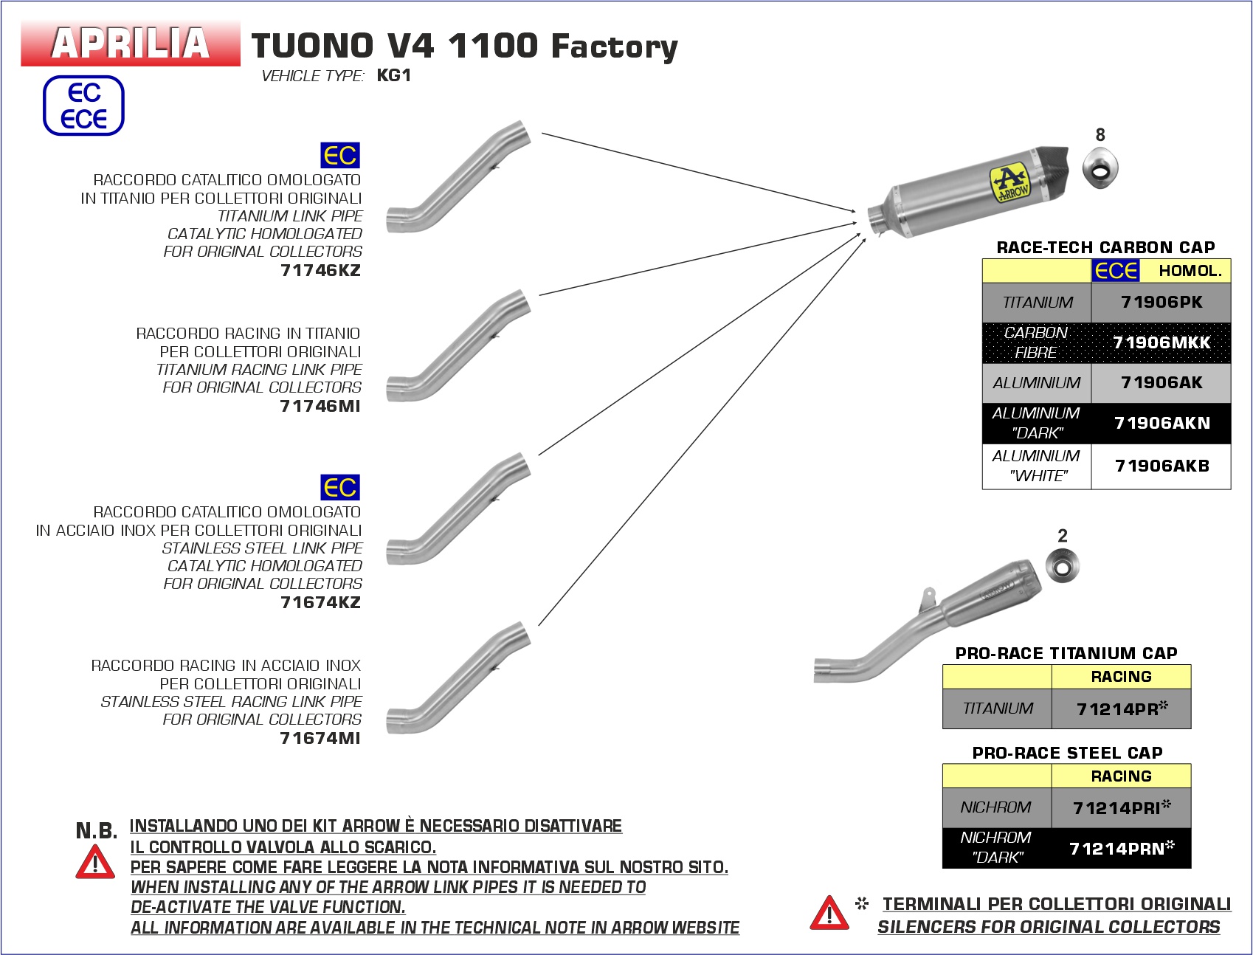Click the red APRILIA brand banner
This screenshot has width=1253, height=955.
click(x=131, y=44)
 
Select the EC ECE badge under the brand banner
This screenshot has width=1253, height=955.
click(x=83, y=106)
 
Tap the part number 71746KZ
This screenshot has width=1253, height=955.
click(x=320, y=270)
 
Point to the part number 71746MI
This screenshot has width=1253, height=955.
click(x=320, y=406)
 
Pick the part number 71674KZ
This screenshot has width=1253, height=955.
click(x=320, y=602)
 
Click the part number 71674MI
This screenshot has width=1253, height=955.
click(x=320, y=738)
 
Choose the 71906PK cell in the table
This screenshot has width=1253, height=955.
click(x=1161, y=303)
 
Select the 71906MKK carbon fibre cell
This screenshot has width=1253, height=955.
click(x=1161, y=342)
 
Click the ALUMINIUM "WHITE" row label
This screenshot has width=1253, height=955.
click(x=1036, y=466)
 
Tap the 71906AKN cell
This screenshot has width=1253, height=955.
click(x=1161, y=423)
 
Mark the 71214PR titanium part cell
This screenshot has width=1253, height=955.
click(x=1121, y=709)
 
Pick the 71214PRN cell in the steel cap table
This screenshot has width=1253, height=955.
click(x=1121, y=848)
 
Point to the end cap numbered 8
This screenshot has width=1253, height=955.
click(x=1100, y=167)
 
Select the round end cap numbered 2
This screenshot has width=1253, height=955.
click(x=1063, y=568)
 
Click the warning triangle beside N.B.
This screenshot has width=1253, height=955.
click(x=95, y=862)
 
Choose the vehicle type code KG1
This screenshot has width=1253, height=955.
click(x=393, y=75)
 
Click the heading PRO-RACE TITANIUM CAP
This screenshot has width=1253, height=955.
click(x=1066, y=653)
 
